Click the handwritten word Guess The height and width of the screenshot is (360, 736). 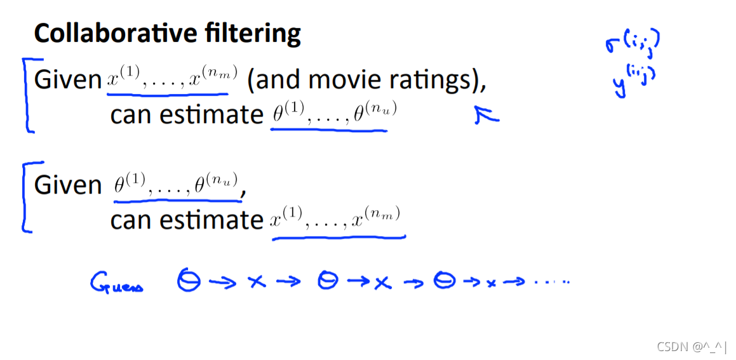(117, 283)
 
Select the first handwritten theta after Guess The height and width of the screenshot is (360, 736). (188, 281)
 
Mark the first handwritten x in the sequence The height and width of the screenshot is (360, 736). (257, 283)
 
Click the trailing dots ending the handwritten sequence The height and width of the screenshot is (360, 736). (551, 282)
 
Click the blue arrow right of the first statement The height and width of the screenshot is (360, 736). (486, 114)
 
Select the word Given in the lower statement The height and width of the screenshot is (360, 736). (67, 185)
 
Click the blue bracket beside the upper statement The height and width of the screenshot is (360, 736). (27, 95)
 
